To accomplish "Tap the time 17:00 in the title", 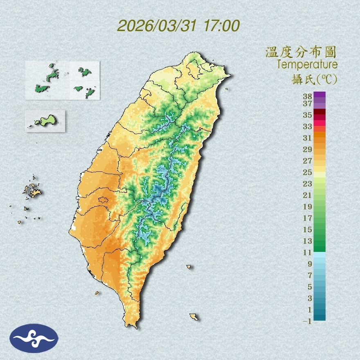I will [221, 26].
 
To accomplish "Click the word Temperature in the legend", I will [307, 65].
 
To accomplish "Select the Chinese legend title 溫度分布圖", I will [301, 52].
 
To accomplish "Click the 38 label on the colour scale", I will [307, 96].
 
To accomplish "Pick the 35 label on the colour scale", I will [307, 115].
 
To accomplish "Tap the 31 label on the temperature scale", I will [307, 137].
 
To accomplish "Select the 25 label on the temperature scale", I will [307, 172].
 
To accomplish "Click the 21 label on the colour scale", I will [307, 195].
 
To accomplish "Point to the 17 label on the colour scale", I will [307, 218].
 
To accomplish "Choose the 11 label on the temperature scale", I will [307, 252].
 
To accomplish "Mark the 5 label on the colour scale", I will [310, 286].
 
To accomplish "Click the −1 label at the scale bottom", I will [307, 321].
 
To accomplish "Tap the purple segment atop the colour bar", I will [319, 94].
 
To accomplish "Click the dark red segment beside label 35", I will [319, 112].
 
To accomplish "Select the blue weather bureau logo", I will [34, 338].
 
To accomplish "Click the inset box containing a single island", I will [45, 121].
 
